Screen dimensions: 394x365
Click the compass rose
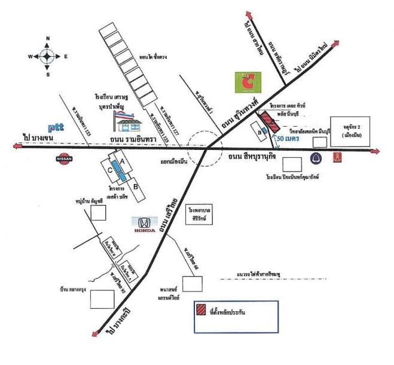pos(47,56)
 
